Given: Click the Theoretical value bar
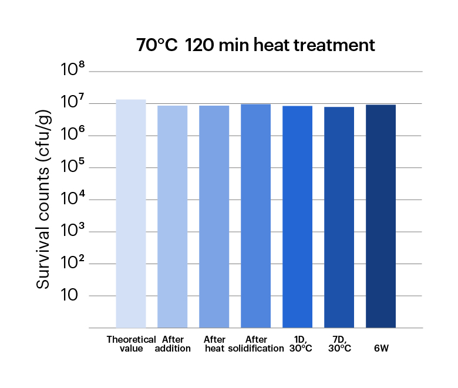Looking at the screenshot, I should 130,214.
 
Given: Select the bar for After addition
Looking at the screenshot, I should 172,217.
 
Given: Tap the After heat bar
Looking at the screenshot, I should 214,217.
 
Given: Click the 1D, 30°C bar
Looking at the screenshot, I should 297,217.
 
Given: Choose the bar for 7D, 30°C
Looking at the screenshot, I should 339,217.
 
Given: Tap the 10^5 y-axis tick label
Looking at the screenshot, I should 73,168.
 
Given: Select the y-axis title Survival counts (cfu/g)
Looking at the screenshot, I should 43,200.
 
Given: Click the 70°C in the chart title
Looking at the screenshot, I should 156,46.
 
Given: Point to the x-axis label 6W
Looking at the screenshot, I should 381,348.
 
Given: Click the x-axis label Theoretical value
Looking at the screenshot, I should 131,344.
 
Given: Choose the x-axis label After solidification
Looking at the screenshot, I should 256,344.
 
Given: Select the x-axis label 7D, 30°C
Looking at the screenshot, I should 339,344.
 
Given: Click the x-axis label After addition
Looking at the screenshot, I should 173,344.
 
